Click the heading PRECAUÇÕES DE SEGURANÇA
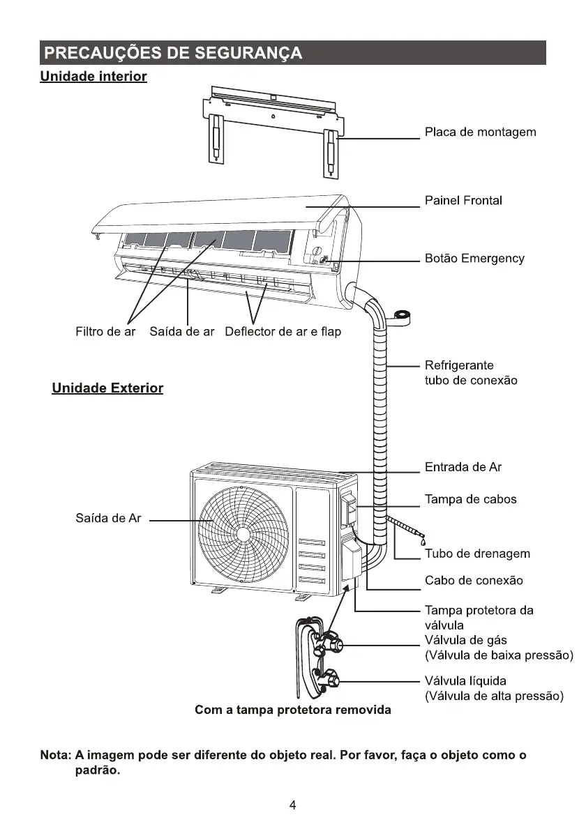[172, 54]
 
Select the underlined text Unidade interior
[93, 76]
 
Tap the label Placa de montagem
[480, 132]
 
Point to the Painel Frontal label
[463, 201]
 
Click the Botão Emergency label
[474, 259]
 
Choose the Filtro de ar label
[105, 332]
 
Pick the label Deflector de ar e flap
[283, 332]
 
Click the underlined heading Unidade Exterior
[107, 388]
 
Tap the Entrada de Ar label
[463, 467]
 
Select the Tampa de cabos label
[471, 499]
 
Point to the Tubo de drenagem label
[477, 554]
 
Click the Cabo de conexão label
[474, 581]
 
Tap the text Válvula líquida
[465, 680]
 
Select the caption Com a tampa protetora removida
[293, 710]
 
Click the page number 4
[293, 806]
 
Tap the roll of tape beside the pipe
[403, 317]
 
